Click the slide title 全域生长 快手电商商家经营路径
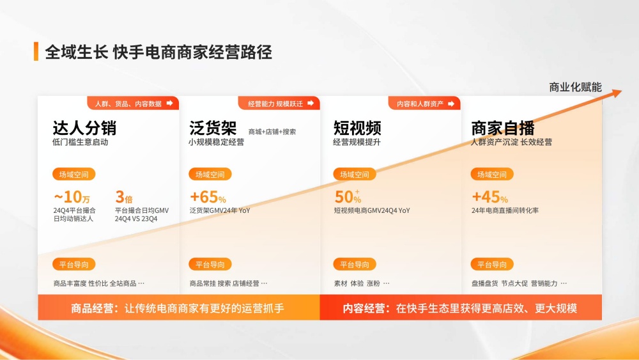tap(158, 52)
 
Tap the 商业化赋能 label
tap(575, 87)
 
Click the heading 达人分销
tap(84, 127)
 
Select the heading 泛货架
tap(213, 127)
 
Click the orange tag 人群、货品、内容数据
tap(133, 104)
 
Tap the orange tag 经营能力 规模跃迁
tap(279, 104)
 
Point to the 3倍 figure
tap(124, 197)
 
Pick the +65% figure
tap(208, 197)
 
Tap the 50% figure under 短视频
tap(348, 197)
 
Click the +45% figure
tap(489, 197)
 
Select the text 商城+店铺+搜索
tap(272, 132)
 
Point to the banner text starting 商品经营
tap(178, 308)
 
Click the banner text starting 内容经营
tap(460, 308)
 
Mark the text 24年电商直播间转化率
tap(505, 210)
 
